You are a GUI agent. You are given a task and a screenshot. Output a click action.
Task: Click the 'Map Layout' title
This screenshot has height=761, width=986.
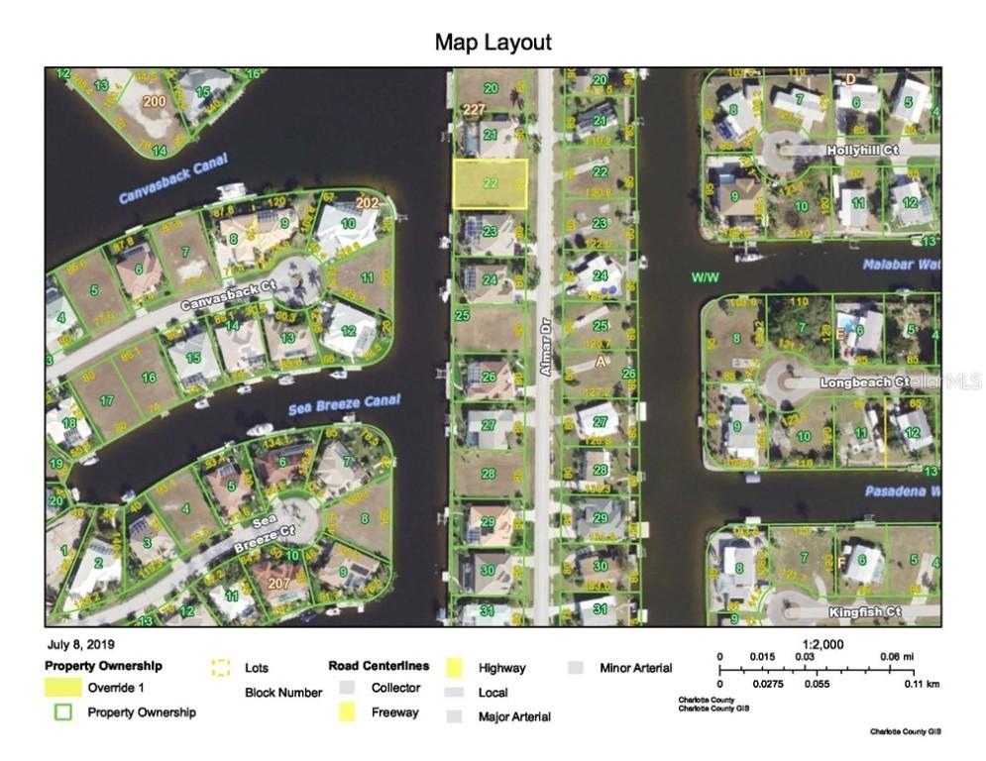[x=493, y=43]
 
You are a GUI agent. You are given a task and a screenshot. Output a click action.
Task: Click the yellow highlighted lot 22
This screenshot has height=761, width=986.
[x=491, y=183]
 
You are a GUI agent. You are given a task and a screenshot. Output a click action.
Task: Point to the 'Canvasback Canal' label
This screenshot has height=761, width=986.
[x=173, y=178]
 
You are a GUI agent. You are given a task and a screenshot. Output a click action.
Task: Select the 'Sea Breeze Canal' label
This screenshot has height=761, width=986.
[x=344, y=404]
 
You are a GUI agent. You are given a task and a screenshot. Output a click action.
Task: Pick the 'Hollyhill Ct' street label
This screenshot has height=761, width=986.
[x=862, y=150]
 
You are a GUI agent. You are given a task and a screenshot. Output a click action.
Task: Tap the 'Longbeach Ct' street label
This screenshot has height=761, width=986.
[x=864, y=381]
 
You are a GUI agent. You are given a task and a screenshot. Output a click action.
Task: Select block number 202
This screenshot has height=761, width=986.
[x=368, y=203]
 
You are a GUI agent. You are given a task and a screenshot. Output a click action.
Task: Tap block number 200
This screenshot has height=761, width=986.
[x=154, y=101]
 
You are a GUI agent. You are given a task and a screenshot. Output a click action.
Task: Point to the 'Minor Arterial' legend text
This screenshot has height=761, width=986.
[x=635, y=668]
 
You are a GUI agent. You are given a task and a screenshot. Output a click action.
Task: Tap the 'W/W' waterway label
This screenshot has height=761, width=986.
[x=705, y=277]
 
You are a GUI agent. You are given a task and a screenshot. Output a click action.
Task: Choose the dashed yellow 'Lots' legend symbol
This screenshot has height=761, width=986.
[x=220, y=668]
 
